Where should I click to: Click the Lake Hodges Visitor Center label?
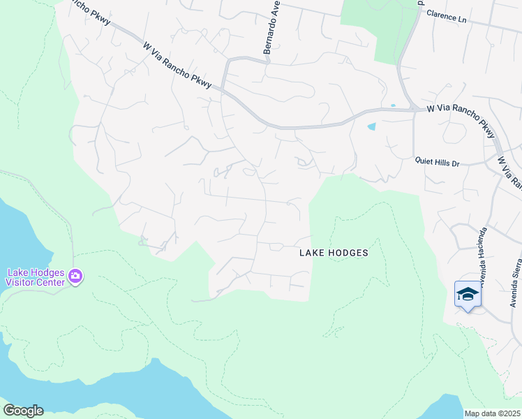pos(35,277)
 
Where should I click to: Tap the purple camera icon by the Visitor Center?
pos(75,277)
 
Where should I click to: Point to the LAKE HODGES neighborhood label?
pos(334,253)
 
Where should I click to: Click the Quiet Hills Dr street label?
pos(438,163)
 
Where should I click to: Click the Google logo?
pos(23,411)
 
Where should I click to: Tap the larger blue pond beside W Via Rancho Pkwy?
pos(371,127)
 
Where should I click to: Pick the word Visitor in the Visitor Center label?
pos(19,282)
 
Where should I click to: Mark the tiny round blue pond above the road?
pos(393,105)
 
